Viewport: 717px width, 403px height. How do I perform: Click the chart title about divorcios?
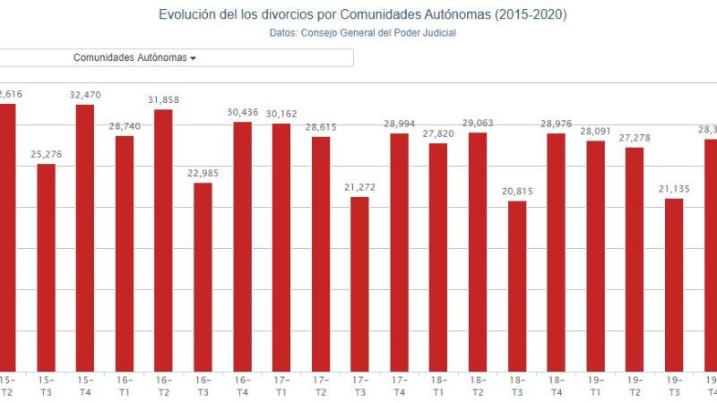362,14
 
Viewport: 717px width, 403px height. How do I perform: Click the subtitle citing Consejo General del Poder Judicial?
362,33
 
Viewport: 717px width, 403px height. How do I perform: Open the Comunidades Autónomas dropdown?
134,57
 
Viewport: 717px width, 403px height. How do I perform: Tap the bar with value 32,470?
85,237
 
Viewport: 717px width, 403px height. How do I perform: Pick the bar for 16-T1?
125,253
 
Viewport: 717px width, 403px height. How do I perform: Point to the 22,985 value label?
203,174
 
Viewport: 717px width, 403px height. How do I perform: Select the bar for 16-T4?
242,246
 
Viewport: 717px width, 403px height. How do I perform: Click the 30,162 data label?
281,114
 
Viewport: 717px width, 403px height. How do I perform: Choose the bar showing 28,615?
321,253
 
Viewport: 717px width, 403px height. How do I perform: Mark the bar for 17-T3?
359,283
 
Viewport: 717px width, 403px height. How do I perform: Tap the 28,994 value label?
399,124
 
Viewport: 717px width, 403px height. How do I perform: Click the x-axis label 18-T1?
438,385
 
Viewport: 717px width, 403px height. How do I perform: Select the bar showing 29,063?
478,252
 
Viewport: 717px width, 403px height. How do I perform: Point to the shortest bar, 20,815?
517,286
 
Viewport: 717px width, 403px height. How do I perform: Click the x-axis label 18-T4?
557,385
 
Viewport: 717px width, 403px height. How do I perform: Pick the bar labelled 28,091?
596,255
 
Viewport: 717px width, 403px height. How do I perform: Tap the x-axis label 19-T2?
635,385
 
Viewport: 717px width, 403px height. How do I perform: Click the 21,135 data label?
674,188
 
